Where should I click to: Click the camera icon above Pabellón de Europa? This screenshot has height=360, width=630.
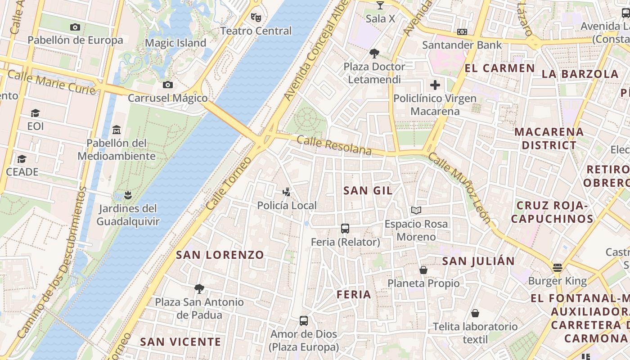[x=75, y=27]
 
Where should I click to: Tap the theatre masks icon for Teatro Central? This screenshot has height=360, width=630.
[x=256, y=18]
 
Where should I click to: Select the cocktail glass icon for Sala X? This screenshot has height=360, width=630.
[x=380, y=5]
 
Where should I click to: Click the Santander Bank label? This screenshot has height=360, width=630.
[x=462, y=45]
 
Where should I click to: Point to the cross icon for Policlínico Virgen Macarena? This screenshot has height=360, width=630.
[x=435, y=85]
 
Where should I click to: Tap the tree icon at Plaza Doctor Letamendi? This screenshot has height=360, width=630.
[x=374, y=54]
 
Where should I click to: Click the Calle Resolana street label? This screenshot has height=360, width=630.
[x=334, y=145]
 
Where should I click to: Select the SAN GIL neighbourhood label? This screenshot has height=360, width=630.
[x=368, y=190]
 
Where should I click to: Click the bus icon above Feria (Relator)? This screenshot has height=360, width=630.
[x=345, y=229]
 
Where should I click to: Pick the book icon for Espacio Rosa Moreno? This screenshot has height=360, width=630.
[x=416, y=210]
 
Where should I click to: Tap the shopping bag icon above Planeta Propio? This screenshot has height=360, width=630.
[x=423, y=270]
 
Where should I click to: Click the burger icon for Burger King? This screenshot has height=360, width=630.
[x=558, y=268]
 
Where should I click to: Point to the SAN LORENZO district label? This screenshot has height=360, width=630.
[x=220, y=255]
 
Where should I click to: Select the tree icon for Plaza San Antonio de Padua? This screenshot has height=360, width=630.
[x=199, y=288]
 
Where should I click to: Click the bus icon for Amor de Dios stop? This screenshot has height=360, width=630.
[x=304, y=321]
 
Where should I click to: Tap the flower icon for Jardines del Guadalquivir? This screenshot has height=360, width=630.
[x=128, y=195]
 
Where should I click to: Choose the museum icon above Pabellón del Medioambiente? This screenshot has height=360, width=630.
[x=117, y=130]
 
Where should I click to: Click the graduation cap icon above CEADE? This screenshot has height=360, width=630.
[x=22, y=159]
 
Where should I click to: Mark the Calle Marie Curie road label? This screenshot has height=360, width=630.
[x=52, y=81]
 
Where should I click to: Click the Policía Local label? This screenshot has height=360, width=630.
[x=287, y=206]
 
